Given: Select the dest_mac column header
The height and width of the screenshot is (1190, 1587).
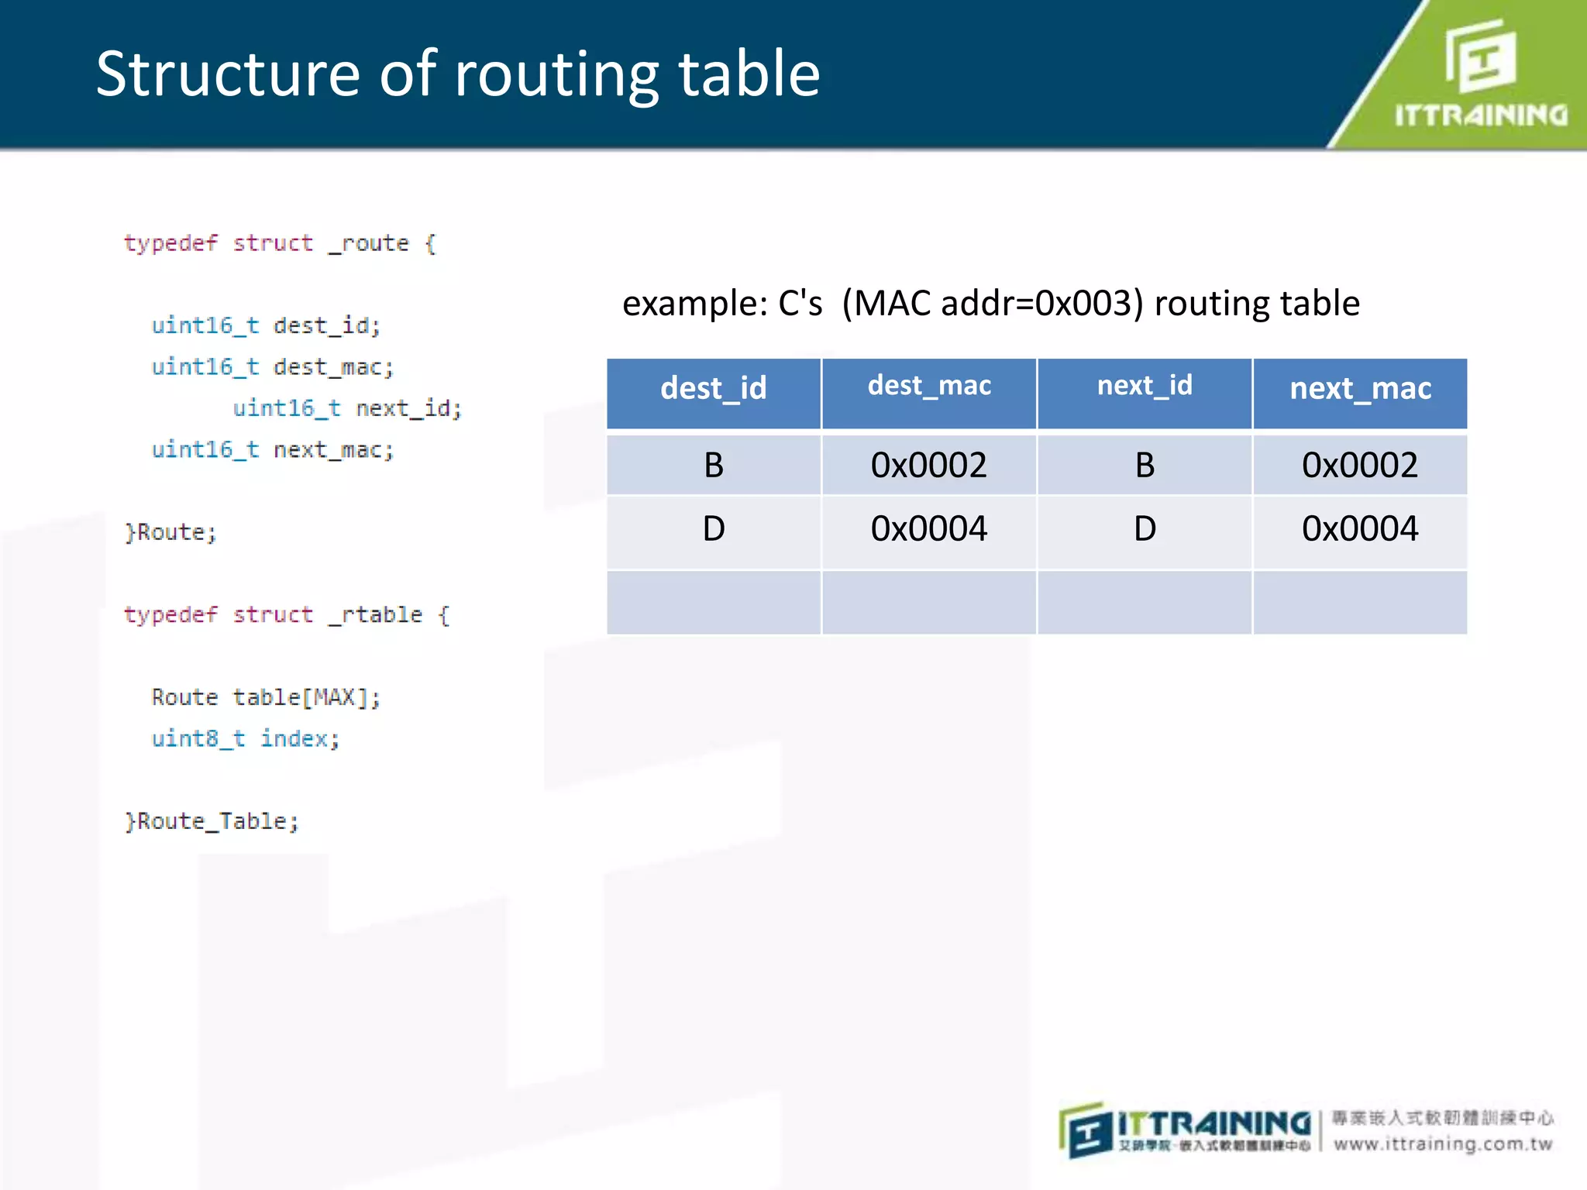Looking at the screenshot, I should coord(929,386).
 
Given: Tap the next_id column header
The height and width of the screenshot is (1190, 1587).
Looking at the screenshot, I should coord(1145,386).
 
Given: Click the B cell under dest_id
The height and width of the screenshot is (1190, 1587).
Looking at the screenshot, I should coord(713,466).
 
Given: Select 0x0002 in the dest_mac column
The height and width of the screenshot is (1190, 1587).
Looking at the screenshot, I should coord(928,466).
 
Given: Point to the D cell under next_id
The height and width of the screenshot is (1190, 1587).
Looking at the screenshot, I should coord(1145,529).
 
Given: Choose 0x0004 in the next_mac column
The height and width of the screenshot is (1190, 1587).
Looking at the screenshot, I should coord(1360,529).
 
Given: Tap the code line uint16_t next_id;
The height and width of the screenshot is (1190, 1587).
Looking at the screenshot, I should coord(347,408).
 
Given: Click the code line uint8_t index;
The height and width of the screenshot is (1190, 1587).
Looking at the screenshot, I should coord(245,739).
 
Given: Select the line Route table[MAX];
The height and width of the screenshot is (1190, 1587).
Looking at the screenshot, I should coord(265,697).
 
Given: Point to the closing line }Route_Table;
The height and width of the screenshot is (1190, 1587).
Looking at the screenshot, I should coord(212,821).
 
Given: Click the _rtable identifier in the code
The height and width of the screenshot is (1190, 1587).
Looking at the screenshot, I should coord(375,615).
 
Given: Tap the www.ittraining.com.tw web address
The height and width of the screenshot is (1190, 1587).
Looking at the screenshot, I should coord(1443,1144).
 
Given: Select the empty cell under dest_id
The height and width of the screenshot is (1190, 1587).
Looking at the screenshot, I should coord(713,603).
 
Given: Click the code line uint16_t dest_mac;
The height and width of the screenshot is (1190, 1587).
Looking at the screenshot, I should coord(272,367).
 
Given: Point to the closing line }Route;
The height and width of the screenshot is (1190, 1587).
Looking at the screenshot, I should coord(170,533).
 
